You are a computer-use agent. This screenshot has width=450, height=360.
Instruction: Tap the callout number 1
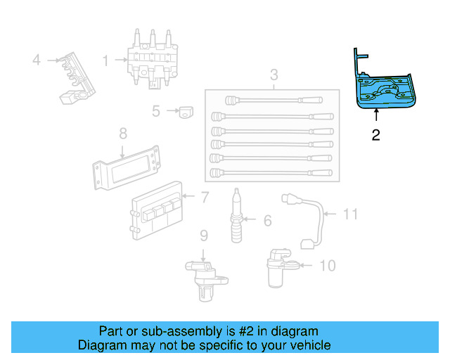[105, 60]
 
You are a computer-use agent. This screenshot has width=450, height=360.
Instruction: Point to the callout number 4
[37, 60]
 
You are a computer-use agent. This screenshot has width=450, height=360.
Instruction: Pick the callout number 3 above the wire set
[274, 75]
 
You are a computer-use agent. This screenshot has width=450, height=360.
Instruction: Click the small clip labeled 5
[186, 111]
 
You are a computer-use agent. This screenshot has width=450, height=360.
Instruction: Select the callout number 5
[156, 110]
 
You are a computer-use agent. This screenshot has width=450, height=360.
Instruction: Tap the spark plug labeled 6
[238, 216]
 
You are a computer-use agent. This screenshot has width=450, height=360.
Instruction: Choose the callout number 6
[267, 221]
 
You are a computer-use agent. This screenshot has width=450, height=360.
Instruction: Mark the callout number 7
[205, 198]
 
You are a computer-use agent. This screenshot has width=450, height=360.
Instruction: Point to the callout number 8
[122, 132]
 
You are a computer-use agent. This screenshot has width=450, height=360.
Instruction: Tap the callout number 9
[202, 236]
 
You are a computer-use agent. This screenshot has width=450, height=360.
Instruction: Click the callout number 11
[351, 214]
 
